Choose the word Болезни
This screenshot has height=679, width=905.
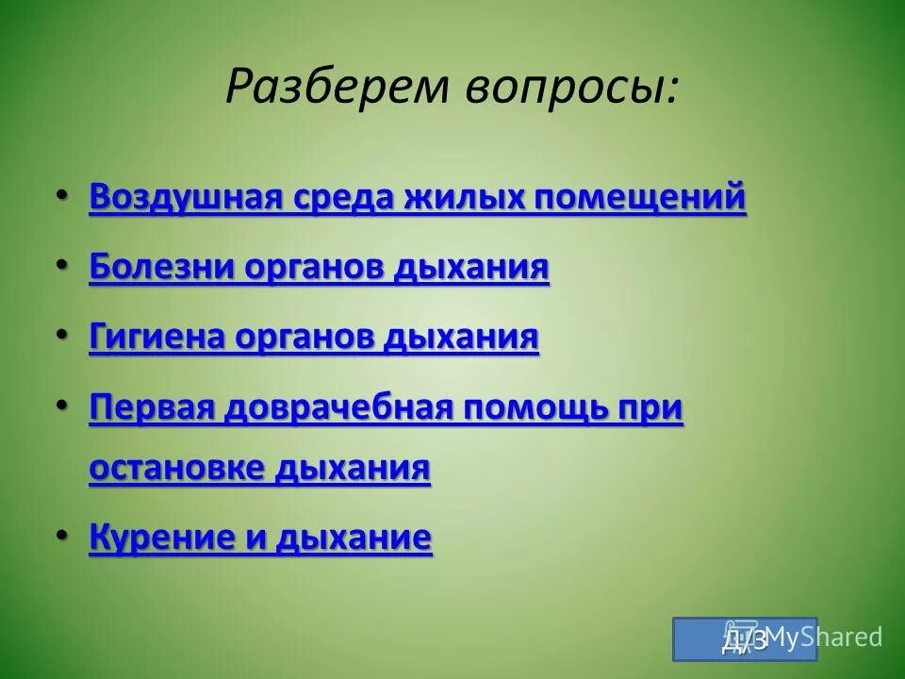[161, 267]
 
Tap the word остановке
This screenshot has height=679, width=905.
[178, 468]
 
